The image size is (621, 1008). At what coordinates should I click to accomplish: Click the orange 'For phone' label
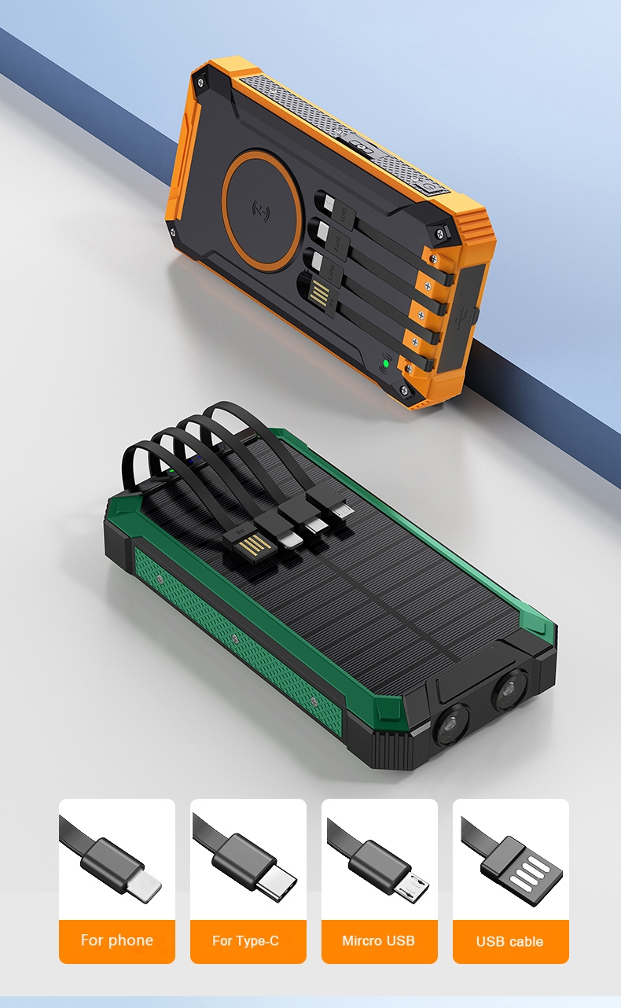tap(117, 940)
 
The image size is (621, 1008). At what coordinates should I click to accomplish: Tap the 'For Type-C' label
tap(246, 940)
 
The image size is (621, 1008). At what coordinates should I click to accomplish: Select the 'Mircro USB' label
tap(378, 940)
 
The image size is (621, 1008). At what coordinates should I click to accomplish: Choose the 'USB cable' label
tap(510, 941)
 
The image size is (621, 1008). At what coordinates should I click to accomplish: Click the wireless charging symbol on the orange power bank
tap(261, 210)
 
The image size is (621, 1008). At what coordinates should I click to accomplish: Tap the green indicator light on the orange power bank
tap(385, 362)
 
